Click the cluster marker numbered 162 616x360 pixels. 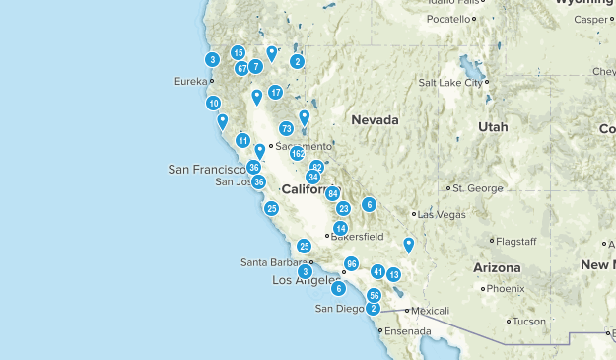click(297, 154)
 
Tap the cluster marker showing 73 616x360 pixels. click(286, 128)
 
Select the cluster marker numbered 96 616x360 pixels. click(351, 264)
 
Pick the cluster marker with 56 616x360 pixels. click(375, 296)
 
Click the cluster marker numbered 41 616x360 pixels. click(377, 271)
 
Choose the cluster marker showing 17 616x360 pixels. click(276, 92)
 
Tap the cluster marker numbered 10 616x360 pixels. click(214, 103)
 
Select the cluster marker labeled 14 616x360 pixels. click(341, 228)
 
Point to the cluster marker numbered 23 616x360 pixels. click(344, 208)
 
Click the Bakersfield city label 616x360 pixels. click(357, 237)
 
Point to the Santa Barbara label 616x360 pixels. click(274, 261)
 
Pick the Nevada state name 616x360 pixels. click(375, 120)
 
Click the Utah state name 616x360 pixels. click(493, 127)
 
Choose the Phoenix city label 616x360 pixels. click(506, 289)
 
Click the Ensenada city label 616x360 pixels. click(408, 330)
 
